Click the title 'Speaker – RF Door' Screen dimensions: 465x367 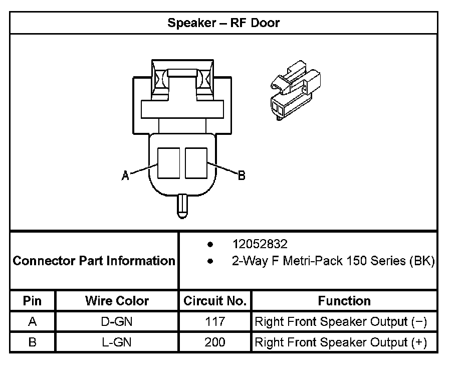223,23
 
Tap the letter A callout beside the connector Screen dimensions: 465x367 125,175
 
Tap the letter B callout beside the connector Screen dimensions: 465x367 242,175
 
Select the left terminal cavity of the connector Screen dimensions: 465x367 168,163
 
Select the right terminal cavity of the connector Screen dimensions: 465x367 196,163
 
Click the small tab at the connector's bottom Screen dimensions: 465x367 182,206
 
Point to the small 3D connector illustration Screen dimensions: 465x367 295,90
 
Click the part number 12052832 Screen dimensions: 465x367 260,244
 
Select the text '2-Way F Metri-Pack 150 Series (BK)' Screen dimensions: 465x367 333,261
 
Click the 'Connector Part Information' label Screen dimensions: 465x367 94,261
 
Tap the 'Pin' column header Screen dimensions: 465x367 32,301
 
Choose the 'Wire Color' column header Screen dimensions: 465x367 117,301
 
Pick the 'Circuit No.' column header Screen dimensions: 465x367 215,301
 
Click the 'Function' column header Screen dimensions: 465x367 344,301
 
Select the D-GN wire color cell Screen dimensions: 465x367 117,321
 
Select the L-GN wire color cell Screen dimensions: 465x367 117,342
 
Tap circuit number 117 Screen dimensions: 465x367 215,321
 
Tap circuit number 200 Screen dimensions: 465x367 214,342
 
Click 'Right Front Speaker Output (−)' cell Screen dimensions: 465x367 341,322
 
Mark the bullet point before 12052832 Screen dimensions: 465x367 210,245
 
